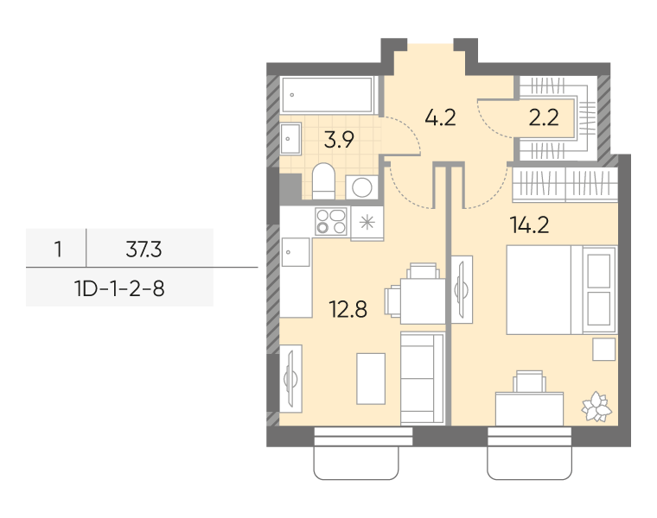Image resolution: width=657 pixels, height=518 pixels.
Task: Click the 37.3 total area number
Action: coord(144,250)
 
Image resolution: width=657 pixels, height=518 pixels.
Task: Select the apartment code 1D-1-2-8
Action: coord(119,288)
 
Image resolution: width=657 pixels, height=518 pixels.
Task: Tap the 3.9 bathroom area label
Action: coord(339,140)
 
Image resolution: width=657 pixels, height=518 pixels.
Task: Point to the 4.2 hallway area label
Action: coord(440,117)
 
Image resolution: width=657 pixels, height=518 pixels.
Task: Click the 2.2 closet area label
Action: coord(544,117)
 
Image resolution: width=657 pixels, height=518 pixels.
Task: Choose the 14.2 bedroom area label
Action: coord(530,225)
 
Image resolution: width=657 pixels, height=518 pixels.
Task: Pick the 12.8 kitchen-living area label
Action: coord(348,310)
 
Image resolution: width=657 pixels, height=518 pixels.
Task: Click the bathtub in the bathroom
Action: coord(328,95)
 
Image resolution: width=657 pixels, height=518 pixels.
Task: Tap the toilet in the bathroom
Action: coord(323,181)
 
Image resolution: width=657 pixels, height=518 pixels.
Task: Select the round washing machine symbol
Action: coord(362,187)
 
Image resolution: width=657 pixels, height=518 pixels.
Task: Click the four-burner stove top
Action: coord(331,221)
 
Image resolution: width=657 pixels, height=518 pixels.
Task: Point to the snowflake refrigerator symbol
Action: coord(367,222)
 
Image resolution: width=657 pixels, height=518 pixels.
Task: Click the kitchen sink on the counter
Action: coord(296,252)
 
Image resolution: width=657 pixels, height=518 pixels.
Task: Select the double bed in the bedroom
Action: coord(561,290)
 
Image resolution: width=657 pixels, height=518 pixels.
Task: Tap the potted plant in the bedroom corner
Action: coord(596,407)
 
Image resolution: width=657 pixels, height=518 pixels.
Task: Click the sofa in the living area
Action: coord(423,378)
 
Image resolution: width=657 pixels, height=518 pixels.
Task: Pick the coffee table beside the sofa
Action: coord(371,379)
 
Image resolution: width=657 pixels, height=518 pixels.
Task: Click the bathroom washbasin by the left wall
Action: coord(290,138)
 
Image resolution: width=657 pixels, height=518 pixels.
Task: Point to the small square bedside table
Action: coord(603,350)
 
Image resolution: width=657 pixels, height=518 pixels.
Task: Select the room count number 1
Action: coord(58,250)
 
